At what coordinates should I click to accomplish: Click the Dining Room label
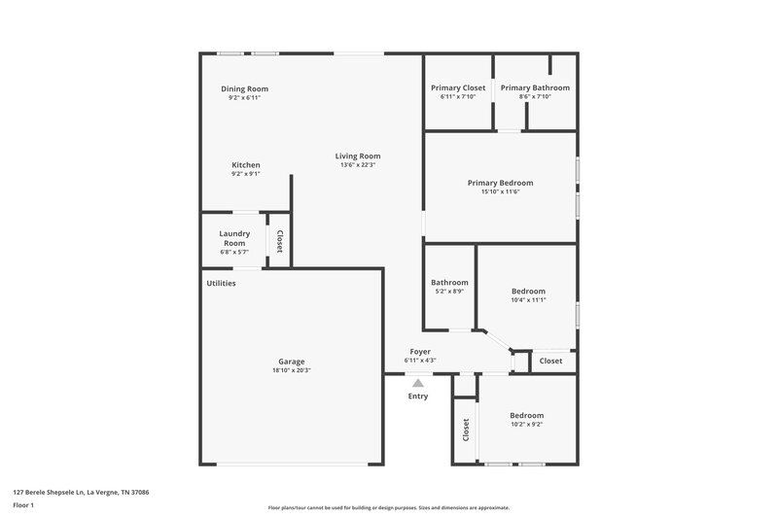click(245, 88)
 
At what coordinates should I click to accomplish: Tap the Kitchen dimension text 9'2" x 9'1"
click(245, 174)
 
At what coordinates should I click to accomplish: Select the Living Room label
click(357, 155)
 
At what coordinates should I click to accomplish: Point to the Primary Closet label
click(457, 88)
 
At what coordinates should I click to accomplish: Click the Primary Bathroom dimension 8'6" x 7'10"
click(535, 97)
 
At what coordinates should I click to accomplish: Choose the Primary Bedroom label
click(500, 183)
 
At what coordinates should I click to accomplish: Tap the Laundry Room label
click(234, 238)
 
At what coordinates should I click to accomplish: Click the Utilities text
click(221, 283)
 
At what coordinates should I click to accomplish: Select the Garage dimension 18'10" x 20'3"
click(292, 370)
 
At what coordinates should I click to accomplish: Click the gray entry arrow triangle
click(418, 384)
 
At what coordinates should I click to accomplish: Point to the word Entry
click(418, 396)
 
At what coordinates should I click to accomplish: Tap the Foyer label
click(420, 352)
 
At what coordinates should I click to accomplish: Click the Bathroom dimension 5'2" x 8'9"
click(448, 292)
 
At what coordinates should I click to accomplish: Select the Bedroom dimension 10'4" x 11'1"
click(528, 300)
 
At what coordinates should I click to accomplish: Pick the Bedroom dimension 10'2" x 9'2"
click(526, 424)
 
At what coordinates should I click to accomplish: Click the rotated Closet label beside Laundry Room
click(279, 240)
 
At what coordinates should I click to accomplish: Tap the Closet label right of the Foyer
click(550, 361)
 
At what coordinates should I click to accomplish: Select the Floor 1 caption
click(23, 506)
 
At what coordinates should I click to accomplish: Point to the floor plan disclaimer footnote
click(388, 507)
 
